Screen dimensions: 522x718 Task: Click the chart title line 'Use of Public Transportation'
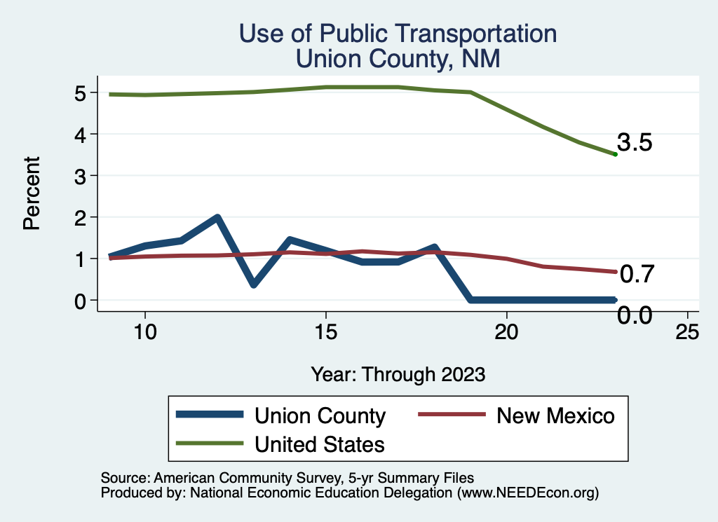tap(398, 34)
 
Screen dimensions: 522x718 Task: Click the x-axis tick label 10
tap(144, 332)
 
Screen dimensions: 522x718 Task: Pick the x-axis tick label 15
tap(325, 332)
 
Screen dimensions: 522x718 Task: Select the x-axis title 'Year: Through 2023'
tap(398, 374)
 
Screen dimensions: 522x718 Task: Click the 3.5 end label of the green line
tap(635, 143)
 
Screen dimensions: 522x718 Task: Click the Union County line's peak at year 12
tap(217, 217)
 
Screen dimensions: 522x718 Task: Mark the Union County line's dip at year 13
tap(253, 284)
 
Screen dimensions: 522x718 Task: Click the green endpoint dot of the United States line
tap(615, 154)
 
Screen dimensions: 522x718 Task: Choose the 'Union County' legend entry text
tap(320, 415)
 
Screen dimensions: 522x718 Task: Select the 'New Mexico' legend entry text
tap(555, 415)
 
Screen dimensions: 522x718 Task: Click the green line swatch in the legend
tap(210, 444)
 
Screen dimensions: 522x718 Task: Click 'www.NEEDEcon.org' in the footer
tap(527, 493)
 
